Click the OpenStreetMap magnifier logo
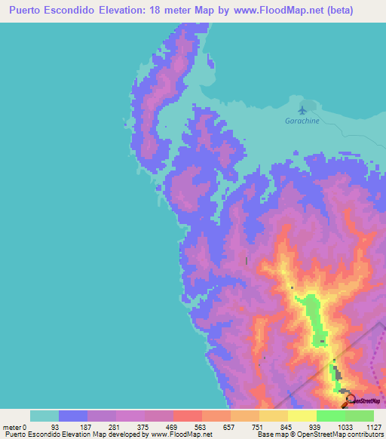tap(351, 399)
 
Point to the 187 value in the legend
tap(87, 427)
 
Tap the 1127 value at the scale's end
tap(374, 427)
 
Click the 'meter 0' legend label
tap(14, 427)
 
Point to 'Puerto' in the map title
tap(32, 11)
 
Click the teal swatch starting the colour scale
tap(44, 416)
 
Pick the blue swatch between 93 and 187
tap(73, 416)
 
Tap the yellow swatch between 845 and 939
tap(302, 416)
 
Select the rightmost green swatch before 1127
tap(360, 416)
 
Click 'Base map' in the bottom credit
tap(269, 434)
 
